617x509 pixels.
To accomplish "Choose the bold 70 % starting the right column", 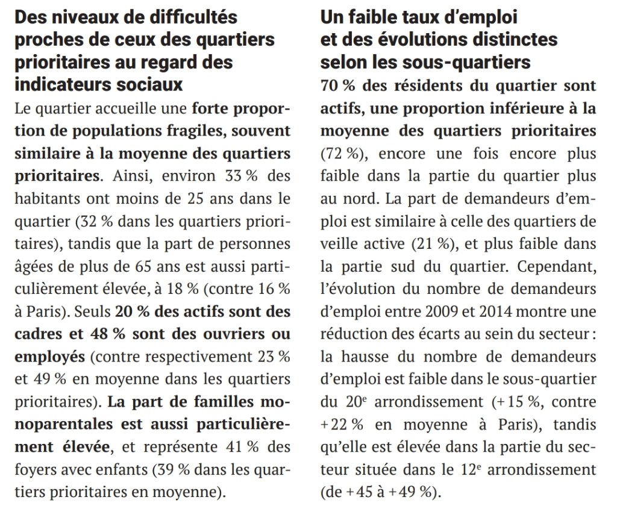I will [x=337, y=86].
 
